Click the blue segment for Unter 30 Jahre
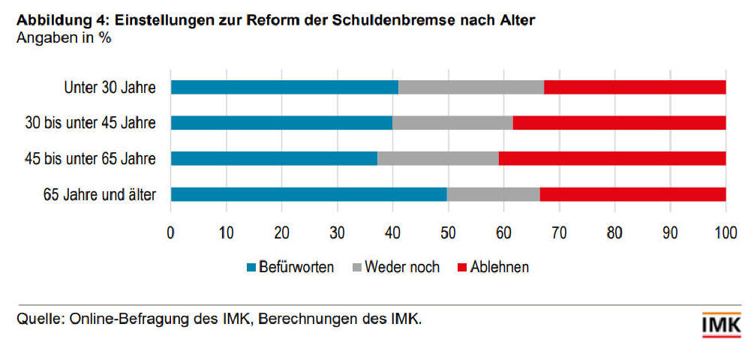coord(284,87)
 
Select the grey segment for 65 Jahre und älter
coord(493,194)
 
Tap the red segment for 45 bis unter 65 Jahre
coord(612,158)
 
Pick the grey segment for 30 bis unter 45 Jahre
coord(452,123)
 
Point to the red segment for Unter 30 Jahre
coord(635,87)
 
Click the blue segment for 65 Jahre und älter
coord(308,194)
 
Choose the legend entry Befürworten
coord(296,268)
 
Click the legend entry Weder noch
coord(402,268)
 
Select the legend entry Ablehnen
coord(500,268)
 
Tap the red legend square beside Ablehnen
coord(461,268)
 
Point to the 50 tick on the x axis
coord(448,232)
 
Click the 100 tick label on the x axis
coord(725,232)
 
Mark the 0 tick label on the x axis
coord(171,232)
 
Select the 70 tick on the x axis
coord(559,232)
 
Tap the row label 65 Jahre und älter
coord(100,195)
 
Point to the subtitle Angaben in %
coord(64,38)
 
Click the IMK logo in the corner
coord(720,325)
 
